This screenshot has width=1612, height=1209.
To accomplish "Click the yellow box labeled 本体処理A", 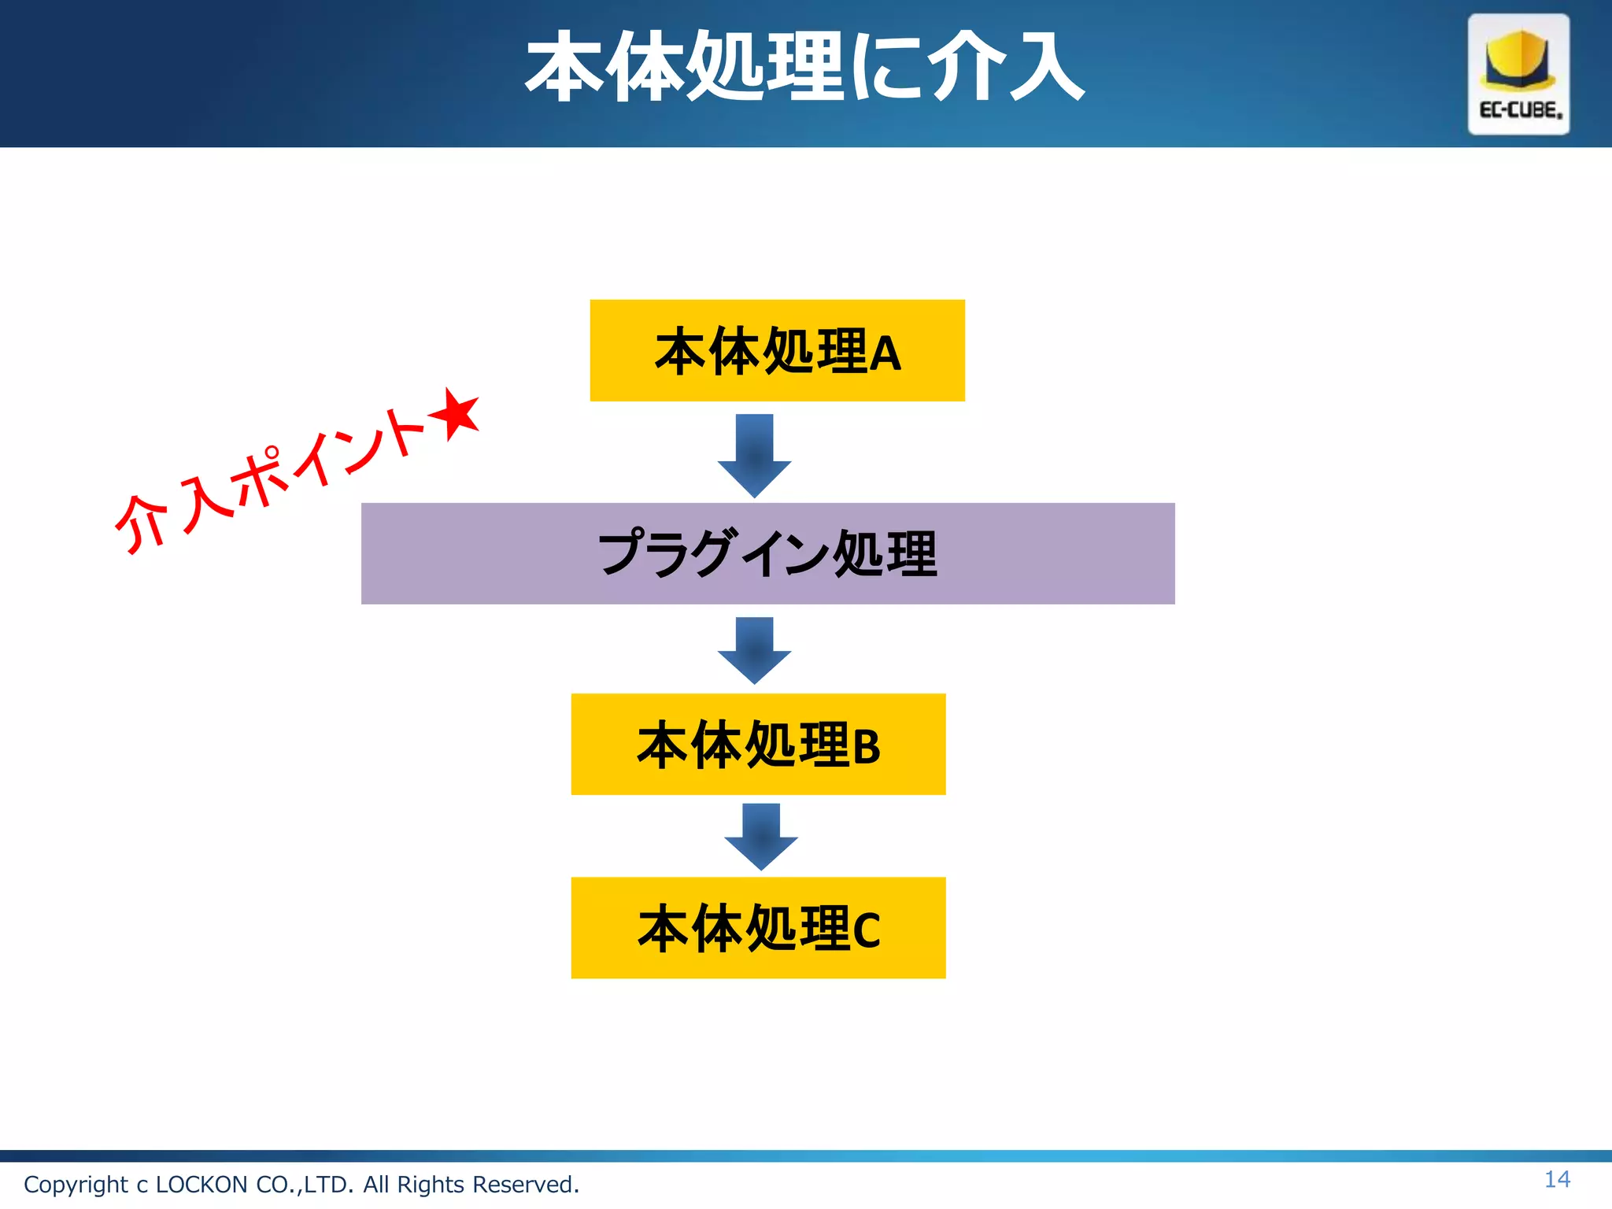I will tap(777, 350).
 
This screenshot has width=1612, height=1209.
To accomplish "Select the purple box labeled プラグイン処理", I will tap(767, 553).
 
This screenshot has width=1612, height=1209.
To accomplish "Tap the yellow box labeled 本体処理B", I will tap(758, 744).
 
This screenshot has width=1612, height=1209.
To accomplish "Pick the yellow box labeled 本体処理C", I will tap(758, 927).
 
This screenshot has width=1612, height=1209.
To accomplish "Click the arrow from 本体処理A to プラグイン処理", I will tap(754, 455).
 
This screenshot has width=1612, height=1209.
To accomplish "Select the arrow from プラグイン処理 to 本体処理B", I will tap(754, 649).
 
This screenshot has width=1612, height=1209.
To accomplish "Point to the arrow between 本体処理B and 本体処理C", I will tap(760, 836).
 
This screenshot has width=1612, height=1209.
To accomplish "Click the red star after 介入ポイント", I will tap(456, 414).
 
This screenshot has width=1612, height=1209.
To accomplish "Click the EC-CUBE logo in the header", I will tap(1518, 74).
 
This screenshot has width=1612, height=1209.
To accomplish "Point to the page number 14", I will tap(1557, 1179).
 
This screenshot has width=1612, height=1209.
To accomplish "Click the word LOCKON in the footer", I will tap(201, 1185).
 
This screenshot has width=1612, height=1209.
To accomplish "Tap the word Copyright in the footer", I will tap(76, 1185).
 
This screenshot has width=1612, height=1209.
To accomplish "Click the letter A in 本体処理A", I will tap(885, 354).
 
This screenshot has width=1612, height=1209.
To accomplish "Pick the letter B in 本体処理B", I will tap(866, 747).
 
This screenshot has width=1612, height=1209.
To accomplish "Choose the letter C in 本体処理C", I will tap(866, 930).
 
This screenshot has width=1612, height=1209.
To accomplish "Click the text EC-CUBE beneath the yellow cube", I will tap(1520, 110).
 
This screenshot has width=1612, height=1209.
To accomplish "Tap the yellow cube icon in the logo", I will tap(1518, 60).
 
